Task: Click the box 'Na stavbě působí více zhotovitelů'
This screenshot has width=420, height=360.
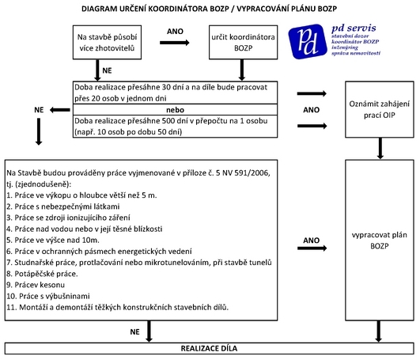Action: pos(107,42)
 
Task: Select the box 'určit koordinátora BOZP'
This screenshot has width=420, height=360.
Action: pos(243,42)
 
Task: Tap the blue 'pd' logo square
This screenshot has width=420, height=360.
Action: pos(308,41)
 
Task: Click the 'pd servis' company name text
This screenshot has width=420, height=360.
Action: pos(354,28)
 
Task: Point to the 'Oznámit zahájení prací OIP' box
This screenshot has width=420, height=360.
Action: pos(380,109)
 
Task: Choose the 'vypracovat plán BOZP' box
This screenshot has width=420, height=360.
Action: pos(380,241)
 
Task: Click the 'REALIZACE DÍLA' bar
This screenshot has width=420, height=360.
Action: pos(209,348)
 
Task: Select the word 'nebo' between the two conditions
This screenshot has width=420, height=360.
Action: pos(175,110)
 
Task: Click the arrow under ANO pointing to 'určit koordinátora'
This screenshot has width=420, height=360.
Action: pos(175,43)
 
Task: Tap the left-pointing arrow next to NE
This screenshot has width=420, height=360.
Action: pos(60,110)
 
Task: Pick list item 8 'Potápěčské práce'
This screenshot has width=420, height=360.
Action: pos(42,274)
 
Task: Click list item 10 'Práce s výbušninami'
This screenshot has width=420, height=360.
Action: pos(48,296)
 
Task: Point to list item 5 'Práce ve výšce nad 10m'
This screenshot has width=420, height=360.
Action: pos(53,240)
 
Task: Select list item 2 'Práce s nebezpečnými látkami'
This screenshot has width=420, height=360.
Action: pos(63,207)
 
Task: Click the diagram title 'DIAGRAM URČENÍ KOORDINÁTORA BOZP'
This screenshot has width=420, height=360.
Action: pos(155,9)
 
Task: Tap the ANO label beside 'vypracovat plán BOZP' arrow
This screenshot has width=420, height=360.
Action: pos(312,241)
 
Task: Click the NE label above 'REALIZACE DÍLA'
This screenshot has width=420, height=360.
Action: pos(134,332)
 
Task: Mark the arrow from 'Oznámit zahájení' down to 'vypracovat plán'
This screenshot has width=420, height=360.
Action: pos(380,149)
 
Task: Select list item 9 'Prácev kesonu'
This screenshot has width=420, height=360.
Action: pos(36,285)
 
